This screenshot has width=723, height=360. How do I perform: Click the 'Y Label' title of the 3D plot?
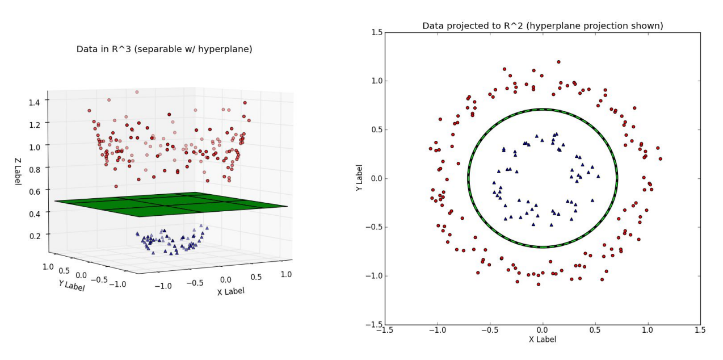(x=72, y=286)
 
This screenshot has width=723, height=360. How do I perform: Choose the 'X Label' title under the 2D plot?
(x=543, y=340)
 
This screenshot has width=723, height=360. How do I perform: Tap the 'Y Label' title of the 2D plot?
(x=359, y=178)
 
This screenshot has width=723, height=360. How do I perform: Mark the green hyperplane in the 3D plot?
(x=170, y=204)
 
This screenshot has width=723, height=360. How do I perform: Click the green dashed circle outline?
(x=617, y=178)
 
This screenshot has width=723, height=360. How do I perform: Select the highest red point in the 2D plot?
(x=558, y=61)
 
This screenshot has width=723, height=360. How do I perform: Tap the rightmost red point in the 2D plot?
(x=660, y=159)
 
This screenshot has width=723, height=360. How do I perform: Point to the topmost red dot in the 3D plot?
(x=137, y=91)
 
